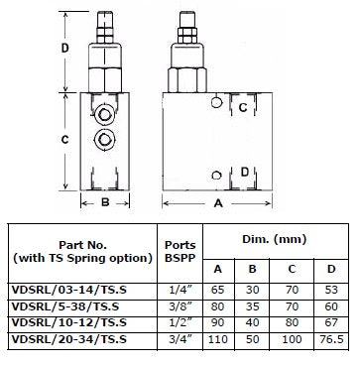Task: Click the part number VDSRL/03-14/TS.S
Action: (69, 291)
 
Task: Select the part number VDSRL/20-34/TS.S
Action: (69, 339)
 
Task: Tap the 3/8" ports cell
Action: (180, 306)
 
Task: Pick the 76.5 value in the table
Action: (331, 339)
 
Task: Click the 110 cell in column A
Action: (218, 339)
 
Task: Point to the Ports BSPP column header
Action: (180, 251)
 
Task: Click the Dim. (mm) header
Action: (275, 239)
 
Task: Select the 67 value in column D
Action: (331, 322)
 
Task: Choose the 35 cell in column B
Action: (252, 306)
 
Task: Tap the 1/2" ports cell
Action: (180, 322)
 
